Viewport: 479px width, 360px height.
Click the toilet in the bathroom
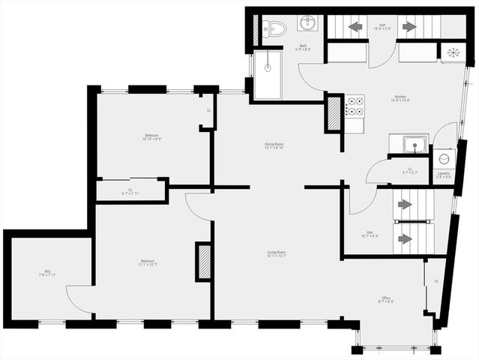[276, 28]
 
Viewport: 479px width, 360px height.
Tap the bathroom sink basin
[308, 24]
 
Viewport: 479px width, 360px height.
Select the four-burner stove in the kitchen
[355, 106]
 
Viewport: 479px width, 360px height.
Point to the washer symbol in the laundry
[444, 159]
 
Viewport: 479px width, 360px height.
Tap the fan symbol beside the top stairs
[452, 52]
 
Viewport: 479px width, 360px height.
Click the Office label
[385, 300]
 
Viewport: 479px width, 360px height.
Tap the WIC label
[47, 273]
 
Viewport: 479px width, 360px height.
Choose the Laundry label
[444, 174]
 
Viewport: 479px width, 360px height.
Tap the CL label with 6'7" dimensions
[130, 192]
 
